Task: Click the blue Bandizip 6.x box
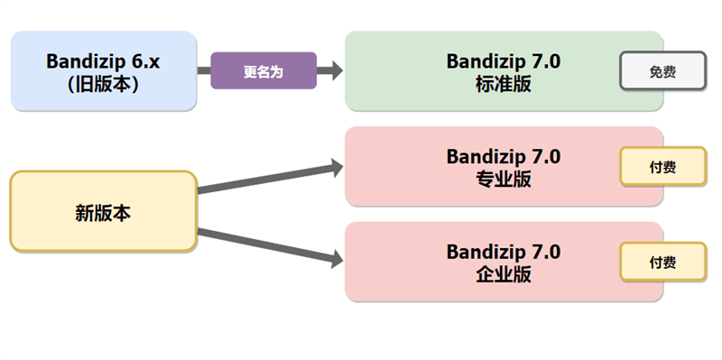(103, 70)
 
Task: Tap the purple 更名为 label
(264, 71)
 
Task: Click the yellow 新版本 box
(103, 212)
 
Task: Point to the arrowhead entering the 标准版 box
(337, 71)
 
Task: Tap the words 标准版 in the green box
(503, 82)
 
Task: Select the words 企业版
(503, 273)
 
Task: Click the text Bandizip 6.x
(103, 60)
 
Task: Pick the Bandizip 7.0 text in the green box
(503, 60)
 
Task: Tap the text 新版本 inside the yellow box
(103, 213)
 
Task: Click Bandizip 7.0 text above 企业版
(503, 252)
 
